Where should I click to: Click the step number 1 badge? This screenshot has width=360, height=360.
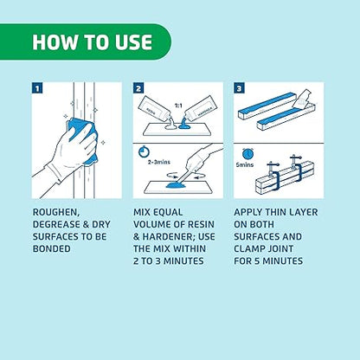pyautogui.click(x=37, y=88)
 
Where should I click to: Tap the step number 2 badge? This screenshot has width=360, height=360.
pyautogui.click(x=138, y=88)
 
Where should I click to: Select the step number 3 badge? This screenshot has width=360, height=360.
pyautogui.click(x=239, y=88)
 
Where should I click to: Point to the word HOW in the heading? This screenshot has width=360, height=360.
pyautogui.click(x=55, y=42)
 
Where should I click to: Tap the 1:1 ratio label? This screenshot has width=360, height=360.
pyautogui.click(x=178, y=106)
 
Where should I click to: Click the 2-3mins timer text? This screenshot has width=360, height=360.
pyautogui.click(x=159, y=162)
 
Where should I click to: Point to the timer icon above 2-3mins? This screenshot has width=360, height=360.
pyautogui.click(x=144, y=151)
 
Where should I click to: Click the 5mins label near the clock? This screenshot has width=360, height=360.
pyautogui.click(x=245, y=164)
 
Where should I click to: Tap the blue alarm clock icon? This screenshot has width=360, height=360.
pyautogui.click(x=247, y=154)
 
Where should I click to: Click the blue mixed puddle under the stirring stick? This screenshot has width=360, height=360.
pyautogui.click(x=175, y=185)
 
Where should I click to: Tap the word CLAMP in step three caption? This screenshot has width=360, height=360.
pyautogui.click(x=249, y=248)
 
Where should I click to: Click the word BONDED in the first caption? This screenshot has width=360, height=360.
pyautogui.click(x=52, y=248)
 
